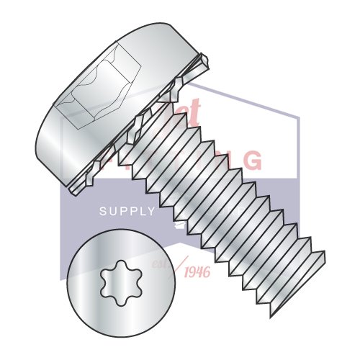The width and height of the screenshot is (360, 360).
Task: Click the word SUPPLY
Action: coord(126,212)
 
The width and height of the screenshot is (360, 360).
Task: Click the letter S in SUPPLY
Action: coord(102,212)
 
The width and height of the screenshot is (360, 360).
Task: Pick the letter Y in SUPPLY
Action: coord(150,212)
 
